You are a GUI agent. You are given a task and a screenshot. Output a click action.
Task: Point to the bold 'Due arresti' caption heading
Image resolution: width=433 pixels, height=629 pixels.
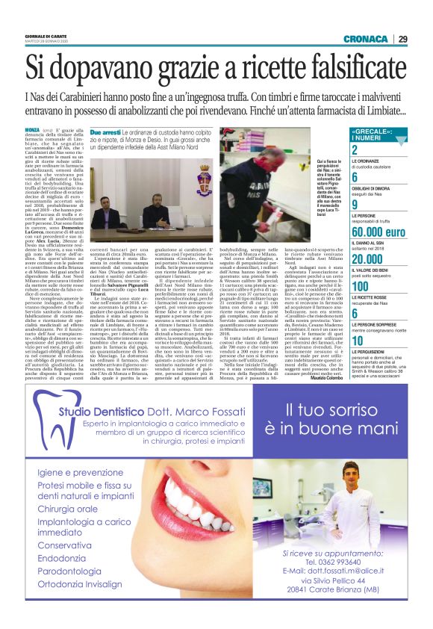(x=105, y=130)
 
